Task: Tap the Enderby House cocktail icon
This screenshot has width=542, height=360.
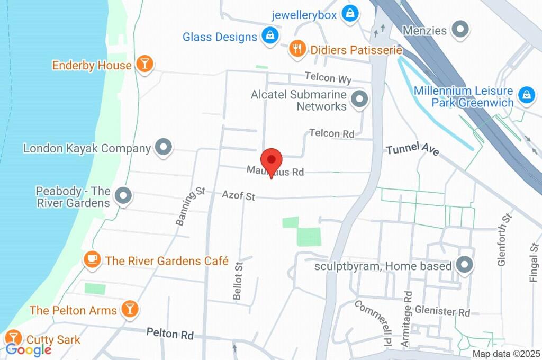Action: tap(144, 64)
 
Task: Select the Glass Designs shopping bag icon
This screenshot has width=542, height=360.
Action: tap(270, 37)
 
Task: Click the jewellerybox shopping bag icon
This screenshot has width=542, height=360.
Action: tap(350, 14)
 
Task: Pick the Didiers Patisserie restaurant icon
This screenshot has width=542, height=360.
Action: tap(296, 49)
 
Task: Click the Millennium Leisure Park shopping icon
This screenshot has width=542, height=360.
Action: tap(526, 95)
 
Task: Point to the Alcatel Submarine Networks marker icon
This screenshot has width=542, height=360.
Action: tap(360, 100)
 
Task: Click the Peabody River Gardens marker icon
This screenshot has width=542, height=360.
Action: tap(123, 196)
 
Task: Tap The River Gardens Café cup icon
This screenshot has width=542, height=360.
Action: tap(93, 259)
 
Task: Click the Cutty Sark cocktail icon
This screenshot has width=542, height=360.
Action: tap(13, 337)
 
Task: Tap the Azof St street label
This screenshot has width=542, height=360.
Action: tap(238, 195)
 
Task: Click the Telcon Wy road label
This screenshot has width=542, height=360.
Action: tap(328, 78)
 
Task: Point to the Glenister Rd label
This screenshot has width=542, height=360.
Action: tap(442, 311)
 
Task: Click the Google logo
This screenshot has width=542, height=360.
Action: tap(29, 349)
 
